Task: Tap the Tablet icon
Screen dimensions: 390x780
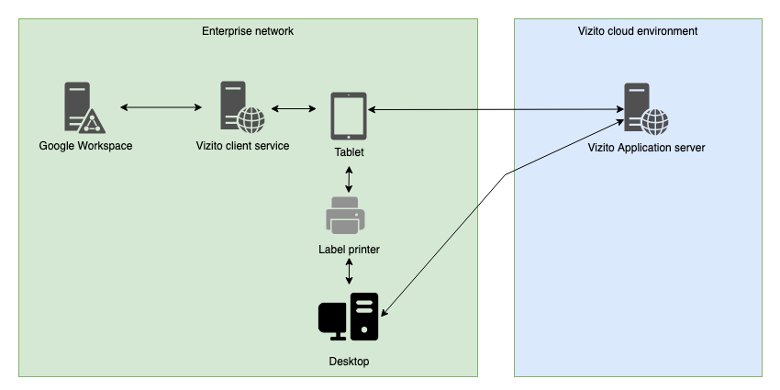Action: [x=349, y=116]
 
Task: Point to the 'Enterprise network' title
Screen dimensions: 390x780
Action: [x=248, y=31]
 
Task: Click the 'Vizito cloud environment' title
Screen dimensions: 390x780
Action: [x=638, y=31]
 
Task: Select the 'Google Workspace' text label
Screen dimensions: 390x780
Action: [x=85, y=146]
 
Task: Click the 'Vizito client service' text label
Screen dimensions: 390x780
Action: [x=243, y=146]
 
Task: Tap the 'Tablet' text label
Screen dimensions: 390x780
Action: [x=349, y=152]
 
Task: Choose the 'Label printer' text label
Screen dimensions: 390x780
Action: [x=349, y=250]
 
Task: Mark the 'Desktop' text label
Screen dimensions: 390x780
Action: [x=349, y=362]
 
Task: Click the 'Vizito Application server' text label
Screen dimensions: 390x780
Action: [x=646, y=147]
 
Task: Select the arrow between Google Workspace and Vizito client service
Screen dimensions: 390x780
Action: [x=161, y=108]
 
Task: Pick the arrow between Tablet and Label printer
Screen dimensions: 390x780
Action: [x=349, y=179]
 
